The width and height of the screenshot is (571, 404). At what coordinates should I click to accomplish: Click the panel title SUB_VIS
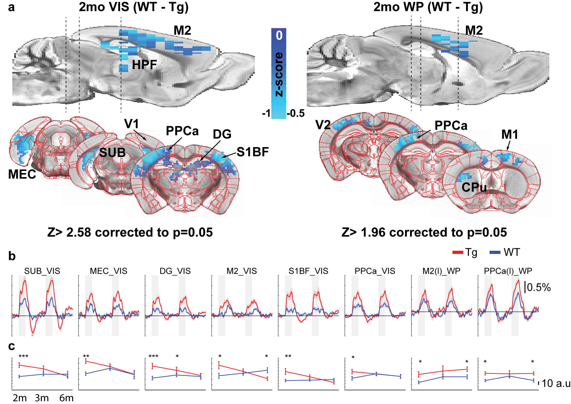42,271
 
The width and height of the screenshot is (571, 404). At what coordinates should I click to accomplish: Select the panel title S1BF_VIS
308,271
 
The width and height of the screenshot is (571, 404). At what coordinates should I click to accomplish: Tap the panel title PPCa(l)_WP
508,271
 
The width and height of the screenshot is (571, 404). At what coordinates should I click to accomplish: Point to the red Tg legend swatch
458,252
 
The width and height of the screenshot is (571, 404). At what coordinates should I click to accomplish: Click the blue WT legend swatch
495,252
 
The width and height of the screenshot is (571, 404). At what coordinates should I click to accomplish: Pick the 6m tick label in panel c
66,398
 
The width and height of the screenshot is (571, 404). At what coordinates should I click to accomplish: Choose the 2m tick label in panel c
20,398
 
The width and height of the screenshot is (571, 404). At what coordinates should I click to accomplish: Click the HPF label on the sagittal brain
144,65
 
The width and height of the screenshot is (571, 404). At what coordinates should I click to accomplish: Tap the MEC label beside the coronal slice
22,174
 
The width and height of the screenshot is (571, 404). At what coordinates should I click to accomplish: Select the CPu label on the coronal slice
474,187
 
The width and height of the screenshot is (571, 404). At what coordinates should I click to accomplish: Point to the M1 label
509,135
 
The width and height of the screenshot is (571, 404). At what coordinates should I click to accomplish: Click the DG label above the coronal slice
222,134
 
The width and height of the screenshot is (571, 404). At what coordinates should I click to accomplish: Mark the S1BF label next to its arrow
253,152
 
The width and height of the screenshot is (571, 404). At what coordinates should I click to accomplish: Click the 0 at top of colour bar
279,35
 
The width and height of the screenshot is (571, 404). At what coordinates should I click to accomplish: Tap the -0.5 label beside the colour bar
296,113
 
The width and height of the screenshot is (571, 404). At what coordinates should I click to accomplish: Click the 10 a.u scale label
556,383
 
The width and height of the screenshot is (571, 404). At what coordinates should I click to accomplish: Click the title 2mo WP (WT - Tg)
428,7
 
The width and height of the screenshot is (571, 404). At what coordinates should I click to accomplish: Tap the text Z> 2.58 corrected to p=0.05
130,232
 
